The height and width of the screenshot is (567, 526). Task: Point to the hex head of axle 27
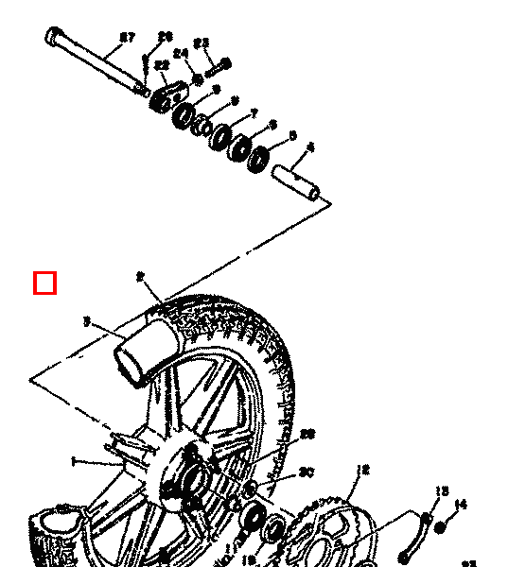point(54,37)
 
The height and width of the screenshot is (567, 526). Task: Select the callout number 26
point(166,37)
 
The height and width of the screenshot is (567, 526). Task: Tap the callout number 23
point(202,43)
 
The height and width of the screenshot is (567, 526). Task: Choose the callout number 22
point(162,65)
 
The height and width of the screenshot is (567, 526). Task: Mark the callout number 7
point(254,114)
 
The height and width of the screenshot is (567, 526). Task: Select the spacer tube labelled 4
point(299,183)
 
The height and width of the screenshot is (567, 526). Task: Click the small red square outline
point(45,283)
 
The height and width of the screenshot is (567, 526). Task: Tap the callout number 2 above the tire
point(140,277)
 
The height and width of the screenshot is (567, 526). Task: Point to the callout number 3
point(86,322)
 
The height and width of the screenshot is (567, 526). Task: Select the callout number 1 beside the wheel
point(73,461)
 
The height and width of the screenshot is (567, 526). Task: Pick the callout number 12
point(362,470)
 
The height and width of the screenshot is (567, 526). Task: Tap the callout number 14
point(461,505)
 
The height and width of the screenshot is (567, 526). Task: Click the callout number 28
point(307,435)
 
